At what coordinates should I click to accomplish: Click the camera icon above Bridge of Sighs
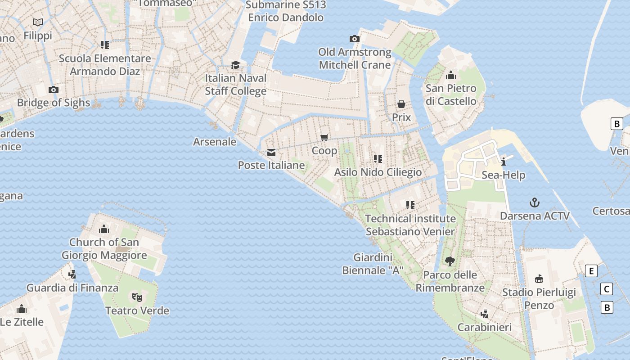(x=54, y=90)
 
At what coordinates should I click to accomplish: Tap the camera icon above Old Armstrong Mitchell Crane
(x=355, y=39)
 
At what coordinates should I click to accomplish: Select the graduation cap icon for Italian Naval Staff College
(x=235, y=65)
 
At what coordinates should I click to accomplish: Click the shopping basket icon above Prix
(x=401, y=104)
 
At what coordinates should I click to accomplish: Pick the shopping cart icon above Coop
(x=324, y=137)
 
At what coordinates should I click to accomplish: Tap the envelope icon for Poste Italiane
(x=271, y=153)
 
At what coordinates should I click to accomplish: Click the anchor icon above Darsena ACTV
(x=535, y=202)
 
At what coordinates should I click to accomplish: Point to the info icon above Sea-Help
(x=504, y=162)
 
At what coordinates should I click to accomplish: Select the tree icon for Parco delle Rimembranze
(x=450, y=261)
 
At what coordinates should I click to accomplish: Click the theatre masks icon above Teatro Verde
(x=137, y=297)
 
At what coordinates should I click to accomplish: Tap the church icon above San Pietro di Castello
(x=451, y=75)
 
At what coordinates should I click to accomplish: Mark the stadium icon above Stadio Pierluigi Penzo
(x=539, y=279)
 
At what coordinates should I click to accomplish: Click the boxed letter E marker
(x=591, y=271)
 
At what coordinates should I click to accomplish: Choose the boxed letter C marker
(x=607, y=289)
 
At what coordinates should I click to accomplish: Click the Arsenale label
(x=215, y=142)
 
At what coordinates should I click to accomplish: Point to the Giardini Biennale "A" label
(x=373, y=264)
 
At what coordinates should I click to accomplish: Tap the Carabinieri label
(x=485, y=327)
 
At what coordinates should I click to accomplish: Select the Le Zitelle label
(x=22, y=322)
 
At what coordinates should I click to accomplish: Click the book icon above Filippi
(x=38, y=22)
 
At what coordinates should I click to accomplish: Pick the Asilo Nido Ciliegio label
(x=378, y=172)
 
